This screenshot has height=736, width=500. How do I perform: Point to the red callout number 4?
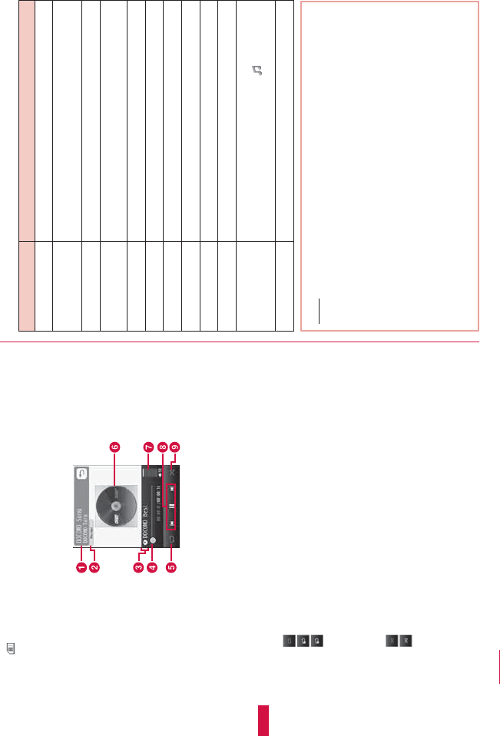pyautogui.click(x=153, y=568)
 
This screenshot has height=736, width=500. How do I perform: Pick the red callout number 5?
pyautogui.click(x=171, y=568)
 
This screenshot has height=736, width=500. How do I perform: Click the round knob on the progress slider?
pyautogui.click(x=153, y=540)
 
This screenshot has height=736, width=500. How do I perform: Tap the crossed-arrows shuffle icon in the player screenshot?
pyautogui.click(x=174, y=474)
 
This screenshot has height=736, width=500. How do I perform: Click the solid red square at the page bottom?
pyautogui.click(x=263, y=721)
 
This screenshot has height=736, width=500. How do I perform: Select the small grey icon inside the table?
pyautogui.click(x=257, y=73)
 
